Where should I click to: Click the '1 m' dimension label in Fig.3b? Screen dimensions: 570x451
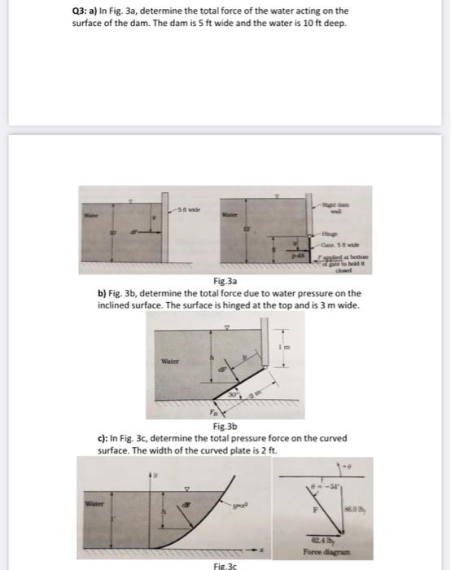click(284, 349)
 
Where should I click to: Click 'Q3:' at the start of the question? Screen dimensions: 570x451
click(72, 11)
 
